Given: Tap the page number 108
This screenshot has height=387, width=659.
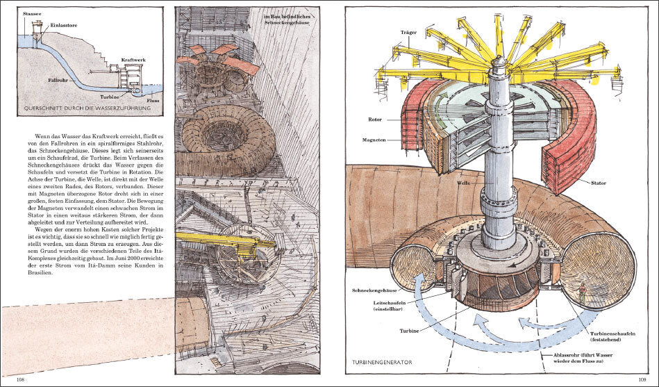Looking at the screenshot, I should tap(21, 379).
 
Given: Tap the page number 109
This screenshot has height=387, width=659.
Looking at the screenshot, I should tap(639, 379).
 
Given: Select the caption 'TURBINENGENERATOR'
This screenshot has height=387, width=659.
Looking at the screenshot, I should tap(383, 362).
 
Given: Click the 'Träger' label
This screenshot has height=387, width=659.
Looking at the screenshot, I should tap(409, 32).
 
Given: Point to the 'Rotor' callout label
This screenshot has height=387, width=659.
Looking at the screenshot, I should tap(374, 120).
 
